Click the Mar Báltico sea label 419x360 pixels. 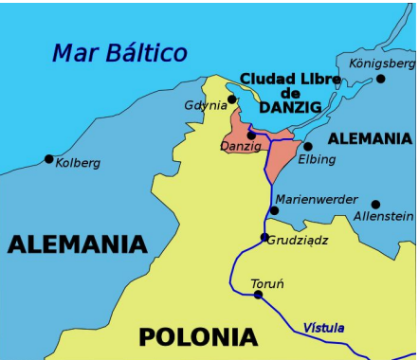pyautogui.click(x=119, y=53)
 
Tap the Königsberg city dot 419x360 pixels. pyautogui.click(x=355, y=79)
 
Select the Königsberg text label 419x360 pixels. pyautogui.click(x=382, y=63)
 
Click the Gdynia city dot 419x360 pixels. pyautogui.click(x=232, y=99)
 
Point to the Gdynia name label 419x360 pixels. pyautogui.click(x=206, y=105)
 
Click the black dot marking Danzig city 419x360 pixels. pyautogui.click(x=251, y=135)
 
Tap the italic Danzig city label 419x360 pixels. pyautogui.click(x=241, y=147)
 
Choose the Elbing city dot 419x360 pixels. pyautogui.click(x=308, y=146)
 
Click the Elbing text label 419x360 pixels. pyautogui.click(x=317, y=159)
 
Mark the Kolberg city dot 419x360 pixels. pyautogui.click(x=49, y=158)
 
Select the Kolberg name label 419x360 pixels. pyautogui.click(x=78, y=163)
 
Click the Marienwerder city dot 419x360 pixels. pyautogui.click(x=274, y=210)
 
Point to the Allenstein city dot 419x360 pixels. pyautogui.click(x=375, y=204)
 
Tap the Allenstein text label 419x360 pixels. pyautogui.click(x=383, y=218)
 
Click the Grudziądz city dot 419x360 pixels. pyautogui.click(x=265, y=238)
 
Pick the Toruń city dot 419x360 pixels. pyautogui.click(x=258, y=295)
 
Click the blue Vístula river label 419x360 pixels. pyautogui.click(x=323, y=329)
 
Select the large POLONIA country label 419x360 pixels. pyautogui.click(x=197, y=336)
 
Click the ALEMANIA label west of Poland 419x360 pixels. pyautogui.click(x=78, y=244)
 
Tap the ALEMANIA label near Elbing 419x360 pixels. pyautogui.click(x=370, y=138)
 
